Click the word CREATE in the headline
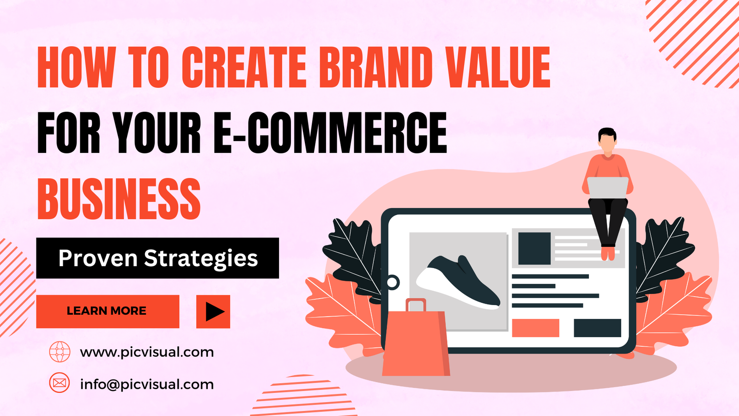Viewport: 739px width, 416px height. pyautogui.click(x=244, y=67)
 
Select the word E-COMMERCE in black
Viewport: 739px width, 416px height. pyautogui.click(x=330, y=133)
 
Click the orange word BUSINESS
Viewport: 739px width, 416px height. pyautogui.click(x=119, y=199)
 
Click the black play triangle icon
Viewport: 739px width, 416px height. pyautogui.click(x=214, y=312)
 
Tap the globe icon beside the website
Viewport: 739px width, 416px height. pyautogui.click(x=60, y=352)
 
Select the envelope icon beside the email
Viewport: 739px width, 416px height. pyautogui.click(x=60, y=383)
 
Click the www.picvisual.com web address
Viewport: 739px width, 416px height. pyautogui.click(x=147, y=352)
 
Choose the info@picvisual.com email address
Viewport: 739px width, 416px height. pyautogui.click(x=147, y=384)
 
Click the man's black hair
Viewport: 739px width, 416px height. pyautogui.click(x=607, y=134)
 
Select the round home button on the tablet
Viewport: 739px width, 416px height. pyautogui.click(x=393, y=282)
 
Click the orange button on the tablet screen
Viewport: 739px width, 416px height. pyautogui.click(x=535, y=328)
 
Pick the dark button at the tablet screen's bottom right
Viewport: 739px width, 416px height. pyautogui.click(x=597, y=328)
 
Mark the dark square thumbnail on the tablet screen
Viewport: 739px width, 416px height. pyautogui.click(x=534, y=248)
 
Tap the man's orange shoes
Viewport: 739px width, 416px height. pyautogui.click(x=608, y=253)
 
